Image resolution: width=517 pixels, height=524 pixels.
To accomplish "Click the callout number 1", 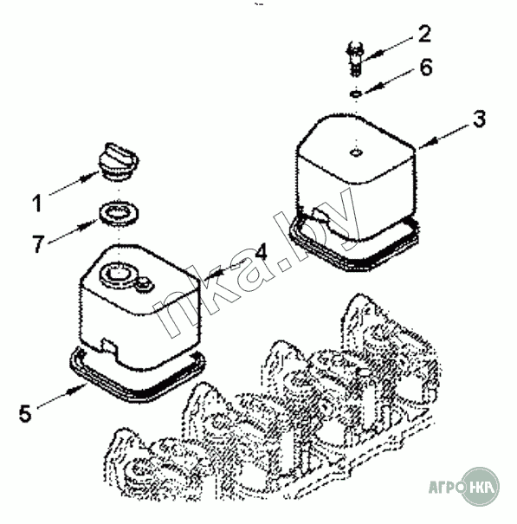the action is (x=37, y=204).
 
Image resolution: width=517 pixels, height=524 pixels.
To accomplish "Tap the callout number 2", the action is (x=424, y=34).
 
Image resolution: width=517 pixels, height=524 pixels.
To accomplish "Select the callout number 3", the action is (x=480, y=119).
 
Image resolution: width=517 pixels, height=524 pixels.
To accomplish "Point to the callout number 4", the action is (x=261, y=251).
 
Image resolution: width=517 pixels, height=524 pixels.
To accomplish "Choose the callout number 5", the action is (x=25, y=413).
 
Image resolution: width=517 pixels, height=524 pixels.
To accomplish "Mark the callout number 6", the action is (x=426, y=68).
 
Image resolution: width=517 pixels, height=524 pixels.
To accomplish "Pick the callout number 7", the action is (x=38, y=243).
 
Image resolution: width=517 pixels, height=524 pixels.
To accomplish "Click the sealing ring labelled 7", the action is (x=119, y=213).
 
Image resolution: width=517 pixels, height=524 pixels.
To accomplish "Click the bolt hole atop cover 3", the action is (x=356, y=152).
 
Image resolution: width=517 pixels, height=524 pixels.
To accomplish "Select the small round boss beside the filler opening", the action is (x=145, y=283).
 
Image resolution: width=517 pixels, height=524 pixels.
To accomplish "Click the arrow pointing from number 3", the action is (x=445, y=135).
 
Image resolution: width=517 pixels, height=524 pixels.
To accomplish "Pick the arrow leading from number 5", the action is (x=61, y=396).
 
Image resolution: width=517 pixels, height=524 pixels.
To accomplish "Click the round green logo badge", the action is (x=480, y=486).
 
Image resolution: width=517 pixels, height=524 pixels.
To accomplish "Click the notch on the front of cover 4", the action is (x=109, y=347).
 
